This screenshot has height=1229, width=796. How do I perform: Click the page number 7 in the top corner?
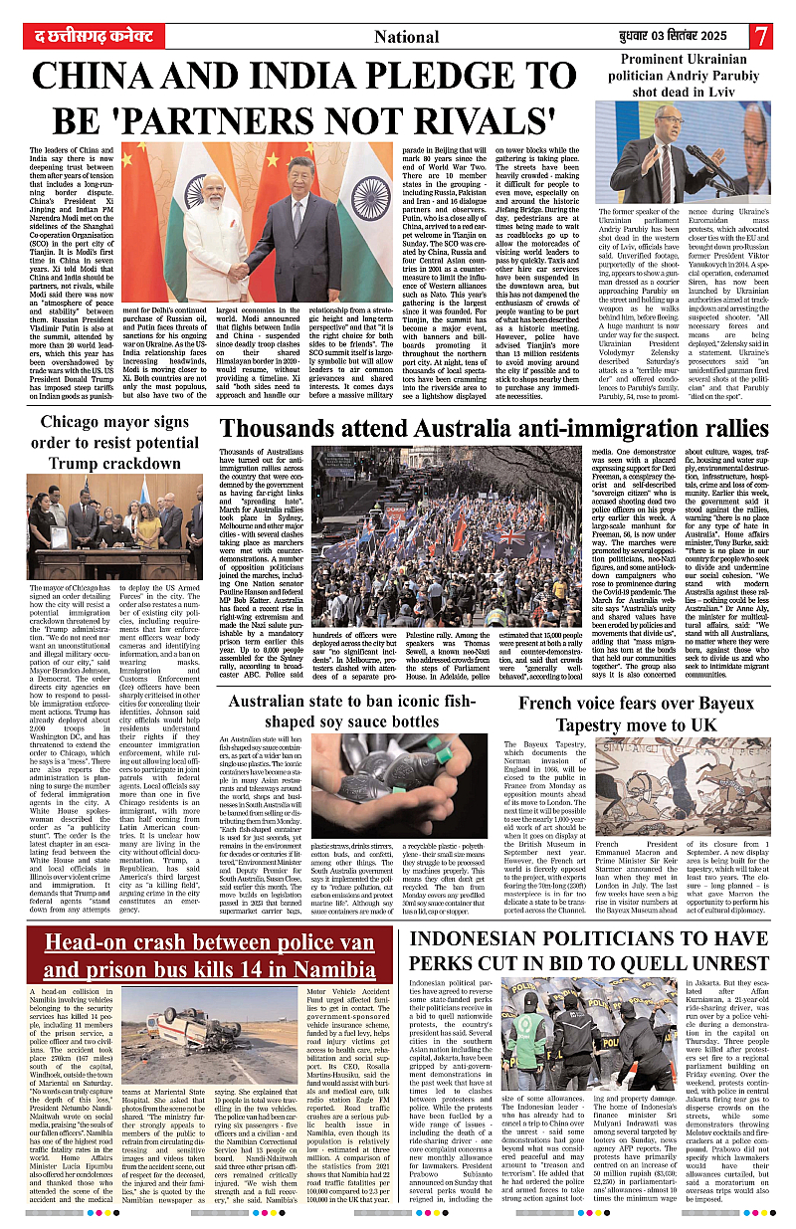point(762,36)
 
